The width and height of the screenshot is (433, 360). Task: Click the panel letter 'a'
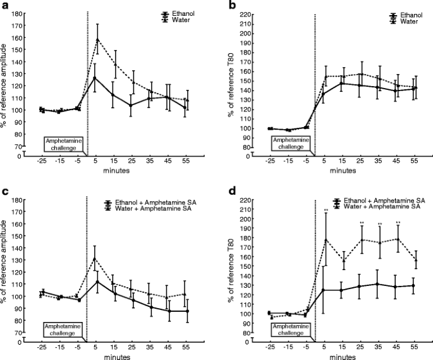tap(5, 6)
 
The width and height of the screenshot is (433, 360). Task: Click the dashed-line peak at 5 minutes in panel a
tap(97, 39)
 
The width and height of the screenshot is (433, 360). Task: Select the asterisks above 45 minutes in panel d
tap(398, 223)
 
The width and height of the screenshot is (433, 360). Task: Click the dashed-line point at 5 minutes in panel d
tap(326, 240)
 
